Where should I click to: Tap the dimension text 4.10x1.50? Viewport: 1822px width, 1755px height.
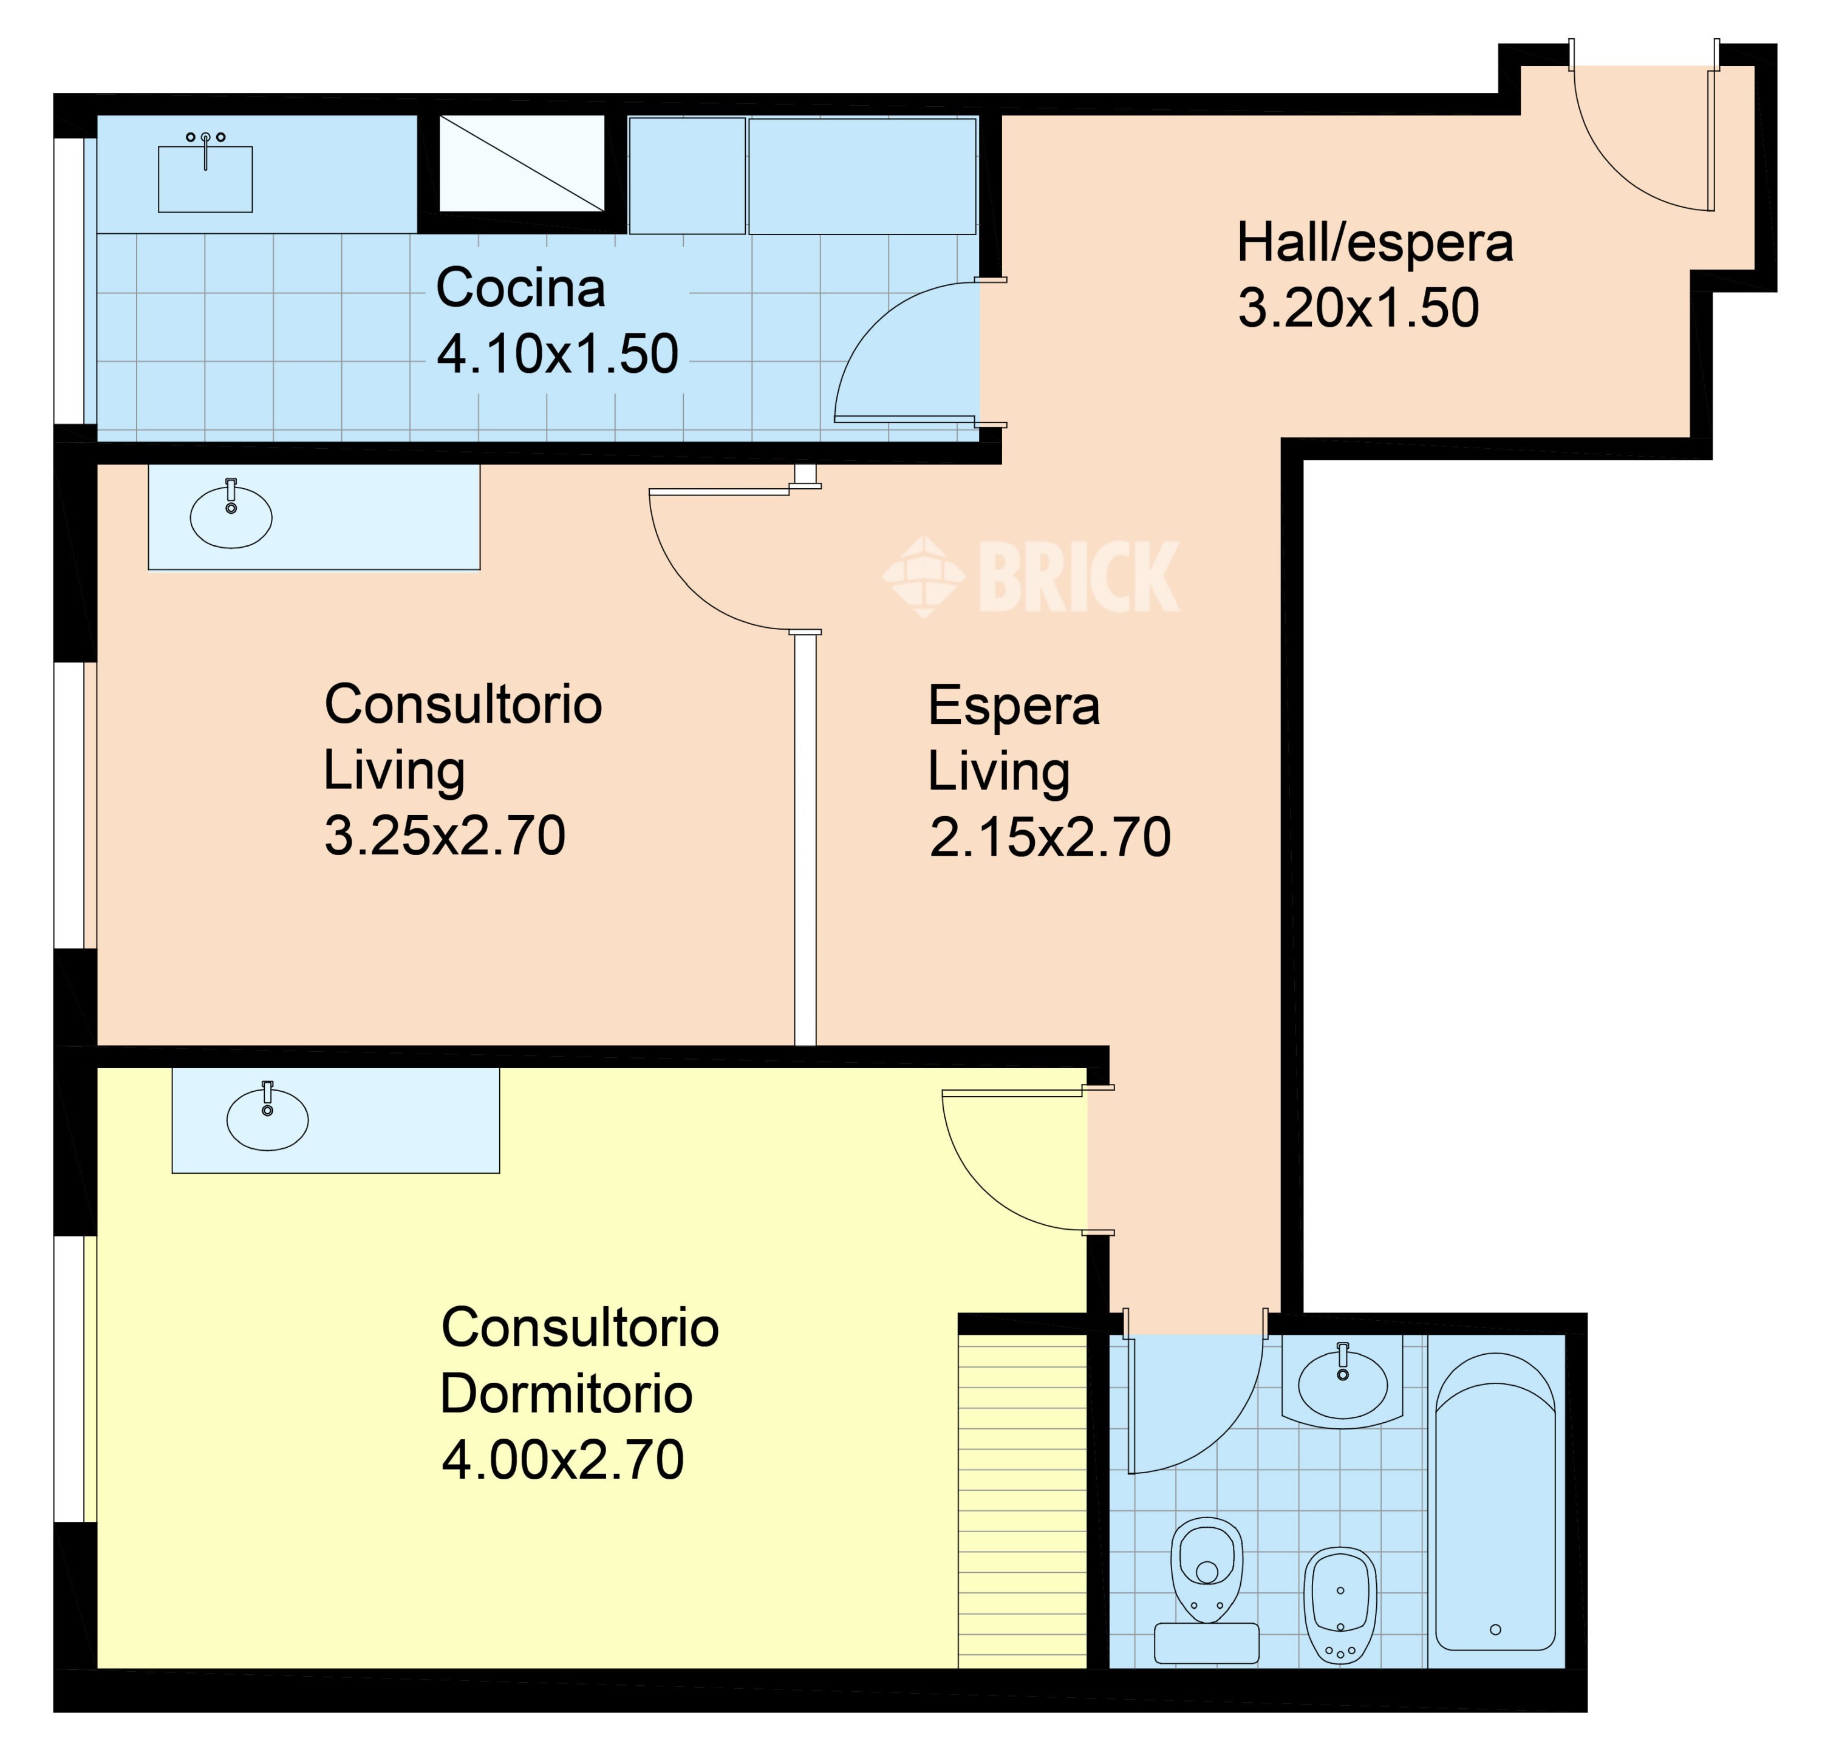[558, 354]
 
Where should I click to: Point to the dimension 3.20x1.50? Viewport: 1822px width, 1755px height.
[1358, 308]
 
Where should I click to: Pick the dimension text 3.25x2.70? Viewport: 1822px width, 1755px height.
[445, 835]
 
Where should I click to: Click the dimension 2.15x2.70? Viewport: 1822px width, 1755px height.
[1049, 837]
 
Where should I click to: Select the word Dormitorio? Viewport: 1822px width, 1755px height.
[566, 1394]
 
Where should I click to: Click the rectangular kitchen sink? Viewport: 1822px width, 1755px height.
[205, 179]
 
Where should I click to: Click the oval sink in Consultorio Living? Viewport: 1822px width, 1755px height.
[231, 517]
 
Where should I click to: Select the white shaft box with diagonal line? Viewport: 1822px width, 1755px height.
[522, 163]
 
